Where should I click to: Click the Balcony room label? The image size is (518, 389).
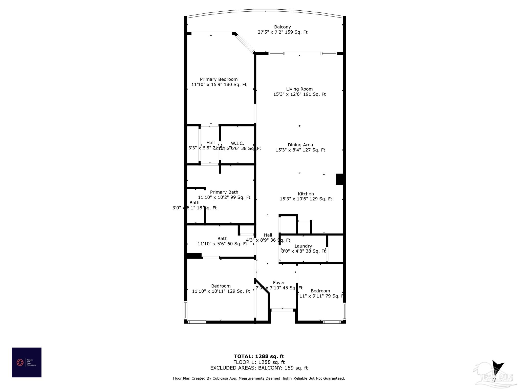(x=282, y=27)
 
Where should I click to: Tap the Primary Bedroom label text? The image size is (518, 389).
(x=219, y=80)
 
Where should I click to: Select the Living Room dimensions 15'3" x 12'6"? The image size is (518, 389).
(x=299, y=94)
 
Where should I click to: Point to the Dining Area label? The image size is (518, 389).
(x=300, y=145)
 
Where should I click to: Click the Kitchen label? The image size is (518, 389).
(x=306, y=194)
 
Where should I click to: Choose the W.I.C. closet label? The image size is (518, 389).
(x=237, y=144)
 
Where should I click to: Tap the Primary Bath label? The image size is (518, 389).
(x=224, y=192)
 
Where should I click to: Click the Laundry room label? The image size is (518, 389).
(x=303, y=246)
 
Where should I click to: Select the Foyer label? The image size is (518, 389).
(x=279, y=283)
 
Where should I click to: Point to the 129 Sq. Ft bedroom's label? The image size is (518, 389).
(x=221, y=286)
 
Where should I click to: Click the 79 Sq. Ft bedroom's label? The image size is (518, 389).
(x=320, y=291)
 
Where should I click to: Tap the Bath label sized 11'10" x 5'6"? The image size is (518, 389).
(x=222, y=239)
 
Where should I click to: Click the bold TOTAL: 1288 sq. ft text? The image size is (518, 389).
(x=259, y=357)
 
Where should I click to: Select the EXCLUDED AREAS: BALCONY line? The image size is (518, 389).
(x=259, y=368)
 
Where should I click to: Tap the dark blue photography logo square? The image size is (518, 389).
(x=27, y=362)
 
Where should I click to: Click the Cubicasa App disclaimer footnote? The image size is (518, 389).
(x=259, y=378)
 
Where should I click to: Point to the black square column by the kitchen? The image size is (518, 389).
(x=339, y=179)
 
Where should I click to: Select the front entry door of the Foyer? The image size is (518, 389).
(x=282, y=310)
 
